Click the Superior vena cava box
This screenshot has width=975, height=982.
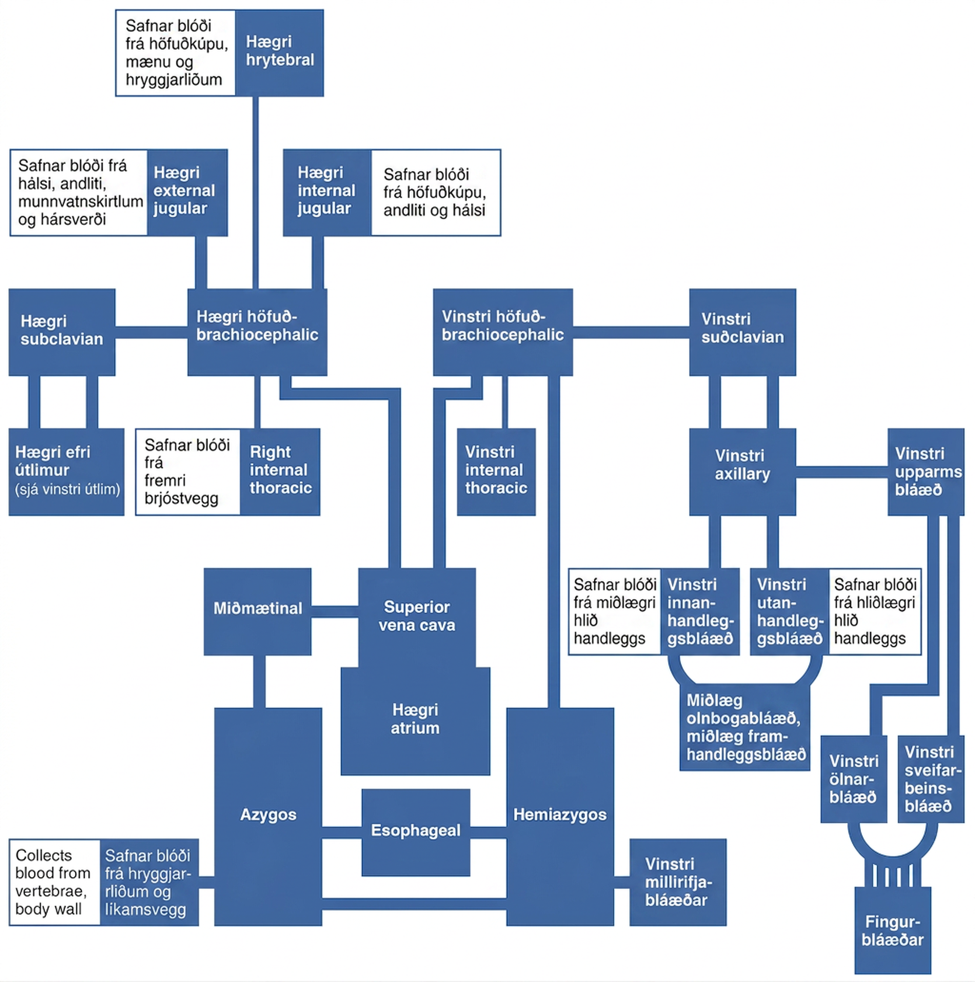417,617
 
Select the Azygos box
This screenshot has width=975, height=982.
268,816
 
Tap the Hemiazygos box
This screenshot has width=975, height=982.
560,816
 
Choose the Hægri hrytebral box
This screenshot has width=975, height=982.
280,53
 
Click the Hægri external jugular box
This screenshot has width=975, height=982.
187,192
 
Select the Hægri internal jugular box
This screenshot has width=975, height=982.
327,192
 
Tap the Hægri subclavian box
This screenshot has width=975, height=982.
62,332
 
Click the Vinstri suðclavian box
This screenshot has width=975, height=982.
743,332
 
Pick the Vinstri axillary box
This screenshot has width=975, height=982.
743,472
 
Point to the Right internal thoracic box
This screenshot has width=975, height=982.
280,472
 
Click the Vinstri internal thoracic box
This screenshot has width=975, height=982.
496,472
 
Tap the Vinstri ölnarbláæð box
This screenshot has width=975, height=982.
854,779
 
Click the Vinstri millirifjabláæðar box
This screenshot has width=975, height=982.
678,882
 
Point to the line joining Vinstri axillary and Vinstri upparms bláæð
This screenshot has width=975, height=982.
842,472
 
